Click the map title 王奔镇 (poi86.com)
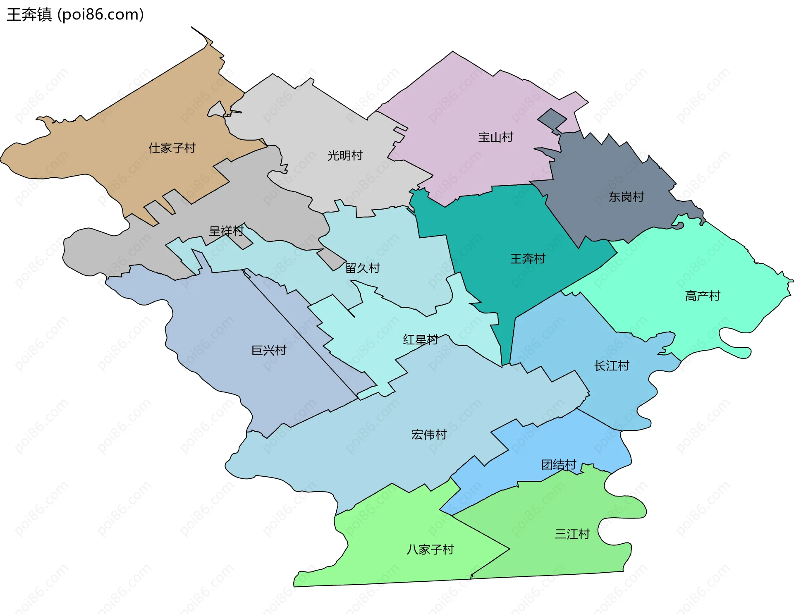(75, 15)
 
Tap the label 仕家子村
(172, 148)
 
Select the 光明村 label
(345, 155)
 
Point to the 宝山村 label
(495, 137)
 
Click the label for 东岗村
(626, 197)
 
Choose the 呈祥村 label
(226, 231)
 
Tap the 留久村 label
(362, 268)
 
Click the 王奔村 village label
(528, 259)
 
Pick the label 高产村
(703, 296)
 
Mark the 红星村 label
(421, 340)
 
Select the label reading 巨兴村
(269, 351)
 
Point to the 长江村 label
(612, 366)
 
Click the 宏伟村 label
(429, 435)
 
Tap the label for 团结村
(559, 465)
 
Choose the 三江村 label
(572, 534)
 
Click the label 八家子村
(430, 549)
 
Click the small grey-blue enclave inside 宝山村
(552, 118)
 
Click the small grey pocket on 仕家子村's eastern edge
(217, 110)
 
